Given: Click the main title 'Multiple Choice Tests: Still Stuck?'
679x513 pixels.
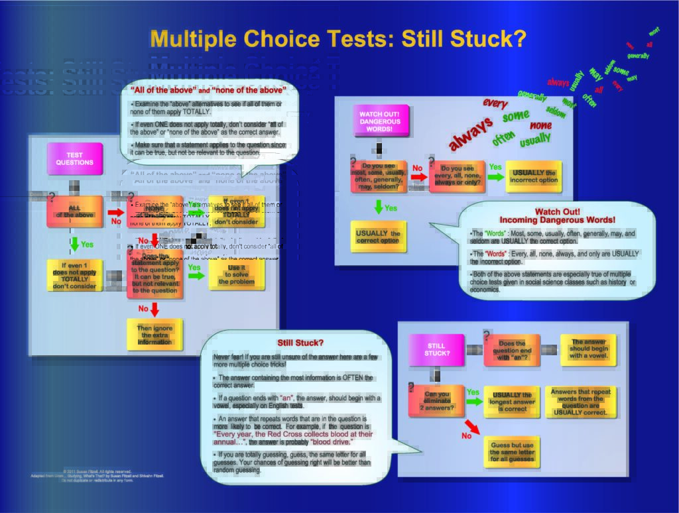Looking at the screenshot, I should point(338,38).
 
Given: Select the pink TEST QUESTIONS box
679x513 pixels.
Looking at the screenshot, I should point(75,159).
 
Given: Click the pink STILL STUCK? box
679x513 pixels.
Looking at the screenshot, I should point(436,349).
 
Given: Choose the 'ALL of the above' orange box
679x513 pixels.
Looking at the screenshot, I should point(74,211).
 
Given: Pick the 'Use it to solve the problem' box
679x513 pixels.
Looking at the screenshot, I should point(236,274).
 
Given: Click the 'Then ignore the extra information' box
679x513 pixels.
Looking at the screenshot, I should point(154,334).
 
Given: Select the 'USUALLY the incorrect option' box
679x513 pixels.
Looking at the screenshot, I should point(533,176).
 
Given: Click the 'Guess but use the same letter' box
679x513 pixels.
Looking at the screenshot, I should point(512,451).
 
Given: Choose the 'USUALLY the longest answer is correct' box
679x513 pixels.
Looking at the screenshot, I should point(512,402).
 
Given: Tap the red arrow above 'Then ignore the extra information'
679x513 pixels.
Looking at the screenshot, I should point(154,309).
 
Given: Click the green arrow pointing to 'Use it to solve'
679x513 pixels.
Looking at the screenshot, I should point(194,276).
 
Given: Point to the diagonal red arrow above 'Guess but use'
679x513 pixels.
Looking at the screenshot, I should point(472,426).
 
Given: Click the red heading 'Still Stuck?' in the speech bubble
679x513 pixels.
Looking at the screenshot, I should point(300,343).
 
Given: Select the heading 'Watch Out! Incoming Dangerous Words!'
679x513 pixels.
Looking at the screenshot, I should point(557,215).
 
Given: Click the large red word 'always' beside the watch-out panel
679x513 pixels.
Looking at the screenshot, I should point(471,133).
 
